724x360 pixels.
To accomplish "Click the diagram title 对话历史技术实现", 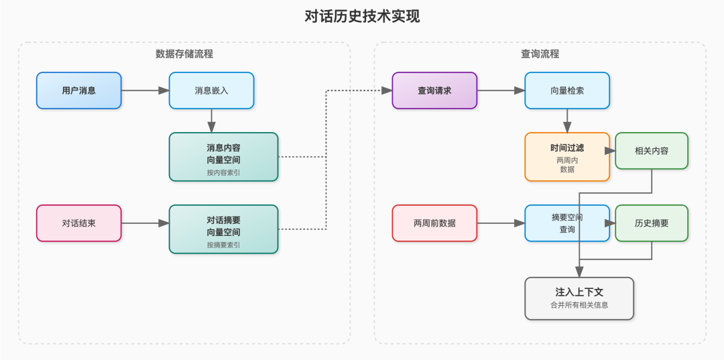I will point(362,16).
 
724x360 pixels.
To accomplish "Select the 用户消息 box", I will point(79,90).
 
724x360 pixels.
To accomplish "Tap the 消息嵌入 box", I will point(211,90).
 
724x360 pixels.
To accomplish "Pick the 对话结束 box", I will point(79,223).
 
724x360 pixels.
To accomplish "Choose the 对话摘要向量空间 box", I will point(223,228).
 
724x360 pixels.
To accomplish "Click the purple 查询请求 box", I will point(434,90).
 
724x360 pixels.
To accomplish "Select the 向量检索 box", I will point(567,90).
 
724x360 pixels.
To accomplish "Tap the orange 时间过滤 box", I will point(567,156).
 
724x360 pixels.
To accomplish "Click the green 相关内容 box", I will point(652,150).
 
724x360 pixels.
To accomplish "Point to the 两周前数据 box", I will point(434,223).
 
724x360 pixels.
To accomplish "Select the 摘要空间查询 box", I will point(567,223).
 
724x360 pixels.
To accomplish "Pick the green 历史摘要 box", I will point(652,223).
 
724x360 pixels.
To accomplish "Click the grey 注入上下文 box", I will point(579,298).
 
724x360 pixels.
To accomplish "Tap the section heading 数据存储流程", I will point(184,54).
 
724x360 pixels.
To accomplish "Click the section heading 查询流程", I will point(540,54).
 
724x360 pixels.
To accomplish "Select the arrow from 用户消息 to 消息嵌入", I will point(145,90).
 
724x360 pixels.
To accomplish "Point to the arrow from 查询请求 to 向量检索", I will point(500,90).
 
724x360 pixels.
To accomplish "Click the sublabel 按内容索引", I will point(223,172).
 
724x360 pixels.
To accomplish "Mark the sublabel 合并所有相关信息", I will point(579,305).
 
